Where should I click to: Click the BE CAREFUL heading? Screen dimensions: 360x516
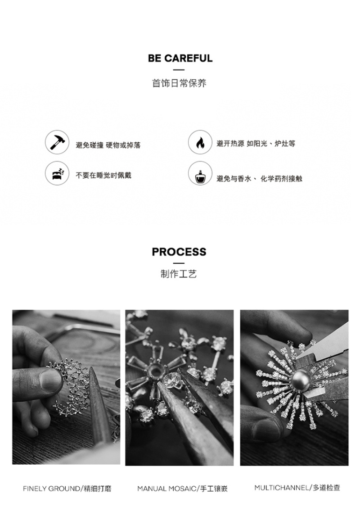180,58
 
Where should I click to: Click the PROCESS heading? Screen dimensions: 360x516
179,252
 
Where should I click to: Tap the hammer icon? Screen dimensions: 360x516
57,142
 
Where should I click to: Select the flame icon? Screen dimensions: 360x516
200,142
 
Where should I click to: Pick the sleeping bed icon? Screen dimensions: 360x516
57,173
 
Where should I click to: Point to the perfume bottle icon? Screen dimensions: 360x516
200,173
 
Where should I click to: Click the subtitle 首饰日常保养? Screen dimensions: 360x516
179,83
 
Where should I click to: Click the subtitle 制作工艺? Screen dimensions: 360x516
179,274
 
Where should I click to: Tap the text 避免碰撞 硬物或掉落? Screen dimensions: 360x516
108,145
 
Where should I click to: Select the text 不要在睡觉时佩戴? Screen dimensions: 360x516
103,176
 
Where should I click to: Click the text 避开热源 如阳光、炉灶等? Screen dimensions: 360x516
256,144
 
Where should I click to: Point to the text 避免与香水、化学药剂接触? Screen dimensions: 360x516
259,179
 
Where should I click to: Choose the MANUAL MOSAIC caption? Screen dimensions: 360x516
182,489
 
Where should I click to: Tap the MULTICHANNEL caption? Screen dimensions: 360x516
297,488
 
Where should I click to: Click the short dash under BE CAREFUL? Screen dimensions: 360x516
179,70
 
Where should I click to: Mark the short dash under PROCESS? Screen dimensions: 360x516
179,263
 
